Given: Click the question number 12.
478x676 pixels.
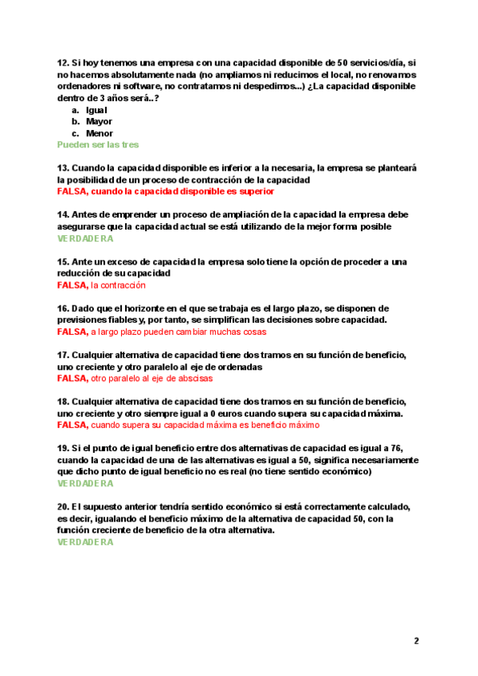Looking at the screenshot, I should (63, 62).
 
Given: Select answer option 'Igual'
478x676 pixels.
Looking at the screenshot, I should (96, 110).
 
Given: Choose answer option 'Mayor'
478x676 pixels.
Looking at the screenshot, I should (98, 122).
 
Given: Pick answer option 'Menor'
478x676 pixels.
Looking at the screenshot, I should (99, 134).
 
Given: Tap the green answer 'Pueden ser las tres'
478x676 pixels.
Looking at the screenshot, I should (98, 145).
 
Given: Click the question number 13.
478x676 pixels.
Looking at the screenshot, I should (63, 168).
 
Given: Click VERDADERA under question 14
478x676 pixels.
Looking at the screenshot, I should (85, 238).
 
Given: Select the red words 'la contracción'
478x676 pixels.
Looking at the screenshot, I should (119, 285).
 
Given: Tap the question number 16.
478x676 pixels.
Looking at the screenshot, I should (63, 309).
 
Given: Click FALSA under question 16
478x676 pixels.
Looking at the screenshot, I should (72, 332).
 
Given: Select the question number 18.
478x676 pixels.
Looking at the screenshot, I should (63, 402).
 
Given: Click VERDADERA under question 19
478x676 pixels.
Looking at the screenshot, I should (85, 484).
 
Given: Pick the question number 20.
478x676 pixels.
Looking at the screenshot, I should (63, 507).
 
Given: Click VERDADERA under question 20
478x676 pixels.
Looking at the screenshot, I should (85, 542).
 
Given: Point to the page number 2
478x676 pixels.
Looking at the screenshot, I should (416, 641).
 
